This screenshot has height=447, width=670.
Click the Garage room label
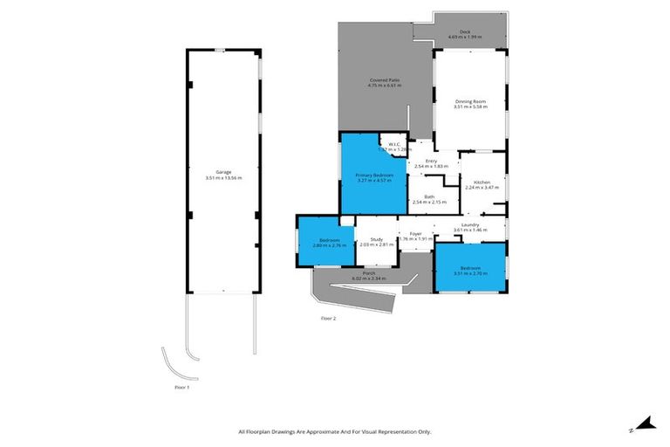pos(223,172)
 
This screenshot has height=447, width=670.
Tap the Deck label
pos(459,32)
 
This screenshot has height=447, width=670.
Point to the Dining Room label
pos(469,102)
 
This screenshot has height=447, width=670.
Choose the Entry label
pos(431,161)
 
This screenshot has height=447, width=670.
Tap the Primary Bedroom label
pos(374,175)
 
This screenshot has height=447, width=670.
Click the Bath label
pos(429,196)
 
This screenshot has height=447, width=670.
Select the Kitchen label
pos(482,182)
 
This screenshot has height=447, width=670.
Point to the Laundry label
pos(471,224)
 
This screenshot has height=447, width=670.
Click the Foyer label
pos(416,233)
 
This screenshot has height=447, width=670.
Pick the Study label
pos(377,239)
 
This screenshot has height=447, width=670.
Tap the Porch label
pos(369,273)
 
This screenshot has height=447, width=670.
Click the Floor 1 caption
pos(181,385)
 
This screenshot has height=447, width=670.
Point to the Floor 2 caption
pos(328,318)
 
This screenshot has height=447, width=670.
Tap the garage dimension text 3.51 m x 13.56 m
pos(223,178)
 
